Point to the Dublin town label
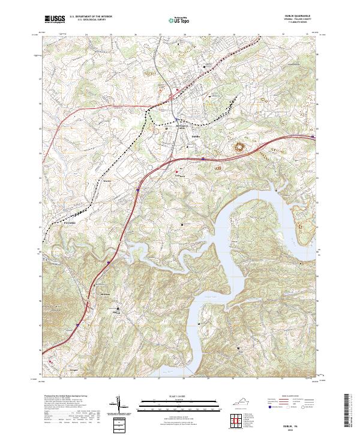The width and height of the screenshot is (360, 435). [x=194, y=136]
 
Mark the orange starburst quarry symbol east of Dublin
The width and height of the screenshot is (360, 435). [x=244, y=146]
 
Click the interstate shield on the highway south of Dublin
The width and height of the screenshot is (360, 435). [x=203, y=159]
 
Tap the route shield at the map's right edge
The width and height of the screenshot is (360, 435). [x=313, y=137]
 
